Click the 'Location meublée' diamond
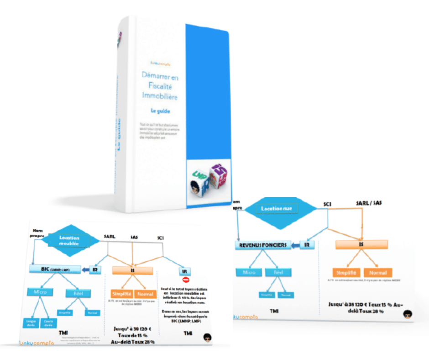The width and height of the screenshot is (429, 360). click(69, 241)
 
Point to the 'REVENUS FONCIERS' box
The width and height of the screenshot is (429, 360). click(262, 245)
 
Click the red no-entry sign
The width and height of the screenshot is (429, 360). click(186, 280)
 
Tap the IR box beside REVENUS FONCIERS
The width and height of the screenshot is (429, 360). click(308, 245)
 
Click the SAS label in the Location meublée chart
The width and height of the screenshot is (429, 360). click(134, 237)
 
